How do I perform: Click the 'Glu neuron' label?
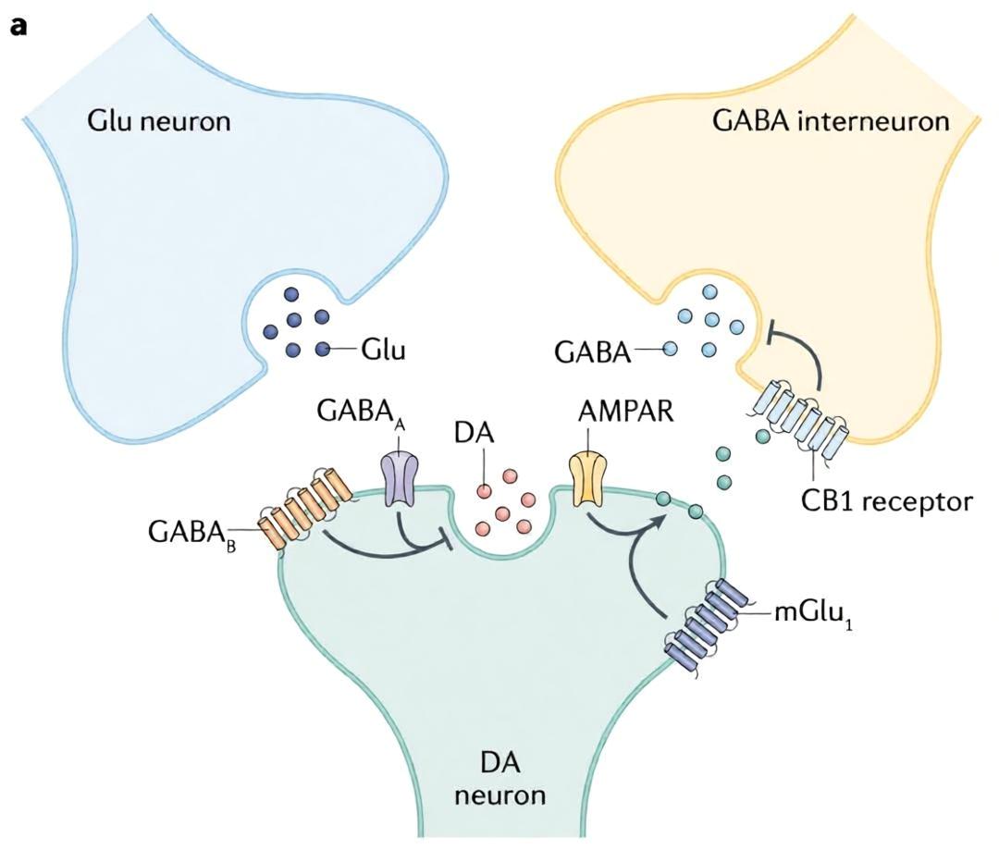click(159, 120)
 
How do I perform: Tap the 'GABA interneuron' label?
click(831, 120)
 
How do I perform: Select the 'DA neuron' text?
click(500, 777)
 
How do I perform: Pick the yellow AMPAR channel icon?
click(586, 479)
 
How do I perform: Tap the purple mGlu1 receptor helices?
click(701, 622)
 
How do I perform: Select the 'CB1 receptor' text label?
click(887, 500)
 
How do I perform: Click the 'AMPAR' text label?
click(625, 411)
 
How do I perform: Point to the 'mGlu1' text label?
click(814, 615)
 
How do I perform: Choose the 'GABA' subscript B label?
click(191, 533)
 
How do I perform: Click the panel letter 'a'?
click(18, 29)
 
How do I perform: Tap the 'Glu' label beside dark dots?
click(384, 350)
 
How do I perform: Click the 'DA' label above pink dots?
click(474, 433)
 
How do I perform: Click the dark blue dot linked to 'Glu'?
click(323, 349)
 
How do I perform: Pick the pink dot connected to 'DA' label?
click(484, 491)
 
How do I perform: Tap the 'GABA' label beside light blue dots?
click(593, 351)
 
